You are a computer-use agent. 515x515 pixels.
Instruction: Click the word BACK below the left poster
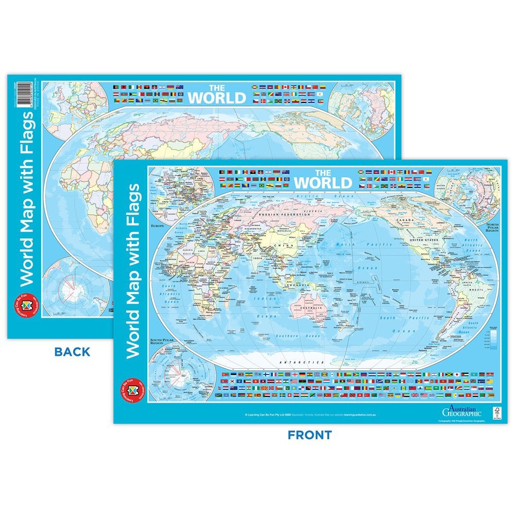pos(73,352)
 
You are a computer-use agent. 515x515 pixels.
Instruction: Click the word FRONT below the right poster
pos(310,435)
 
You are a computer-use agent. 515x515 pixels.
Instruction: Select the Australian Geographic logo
pos(461,410)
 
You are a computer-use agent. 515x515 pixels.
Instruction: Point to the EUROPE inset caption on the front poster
pos(157,226)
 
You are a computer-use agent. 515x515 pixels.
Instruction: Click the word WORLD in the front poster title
pos(323,182)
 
